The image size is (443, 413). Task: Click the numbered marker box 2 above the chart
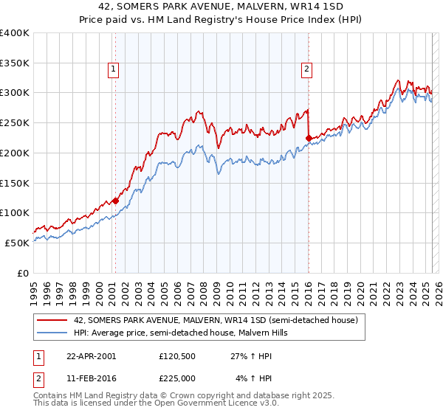[x=306, y=70]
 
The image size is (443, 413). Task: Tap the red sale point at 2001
[x=116, y=200]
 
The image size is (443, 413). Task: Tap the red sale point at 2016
[x=308, y=137]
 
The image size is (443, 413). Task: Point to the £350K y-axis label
[x=15, y=63]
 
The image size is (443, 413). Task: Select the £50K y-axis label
[x=18, y=243]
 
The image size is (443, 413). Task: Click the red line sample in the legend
[x=51, y=320]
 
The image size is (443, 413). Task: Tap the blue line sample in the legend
[x=51, y=333]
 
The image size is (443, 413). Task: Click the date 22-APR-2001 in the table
[x=91, y=355]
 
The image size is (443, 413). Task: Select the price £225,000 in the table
[x=179, y=378]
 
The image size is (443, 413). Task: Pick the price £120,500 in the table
[x=179, y=355]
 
